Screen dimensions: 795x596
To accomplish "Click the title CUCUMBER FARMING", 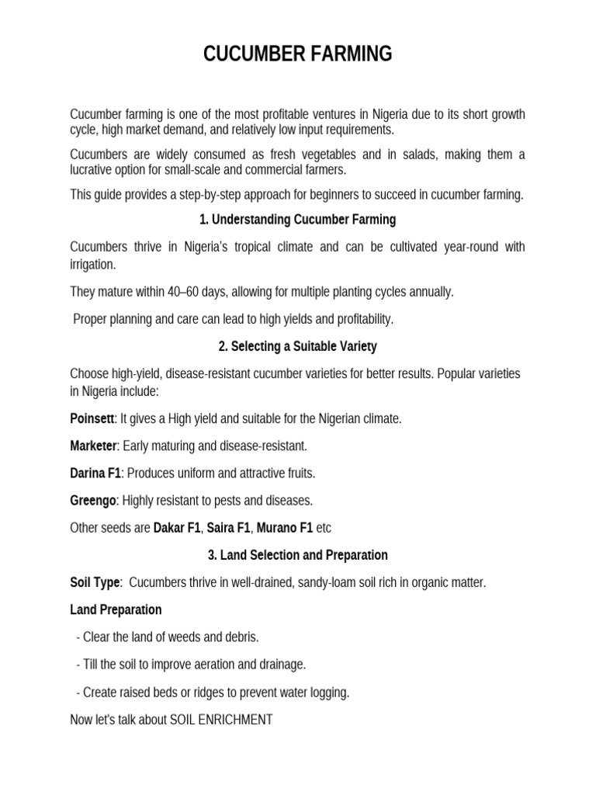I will [x=298, y=54].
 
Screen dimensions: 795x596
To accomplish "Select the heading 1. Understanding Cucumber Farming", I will [x=298, y=220].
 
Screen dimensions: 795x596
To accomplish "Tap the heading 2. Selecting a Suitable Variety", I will [x=298, y=346].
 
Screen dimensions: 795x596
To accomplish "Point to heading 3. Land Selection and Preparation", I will [x=298, y=555].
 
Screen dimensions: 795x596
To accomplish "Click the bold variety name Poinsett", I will [x=92, y=418].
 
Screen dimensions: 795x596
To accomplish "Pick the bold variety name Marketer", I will [x=93, y=446].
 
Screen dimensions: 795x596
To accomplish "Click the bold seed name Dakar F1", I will [x=177, y=528].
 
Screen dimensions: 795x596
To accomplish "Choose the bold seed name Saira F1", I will [x=228, y=528].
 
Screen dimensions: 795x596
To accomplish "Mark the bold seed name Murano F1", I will [x=285, y=528].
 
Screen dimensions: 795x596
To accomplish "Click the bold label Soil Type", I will [x=95, y=582].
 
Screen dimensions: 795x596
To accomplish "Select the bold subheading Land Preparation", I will [x=116, y=609].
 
